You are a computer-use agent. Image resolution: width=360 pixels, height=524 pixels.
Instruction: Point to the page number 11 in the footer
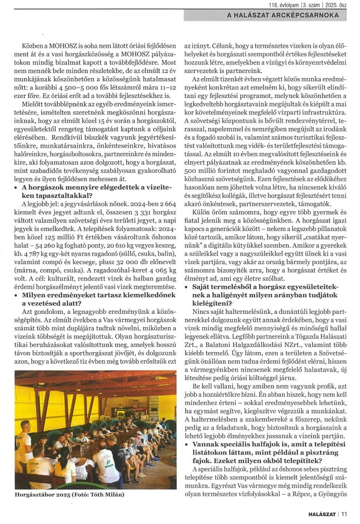[x=344, y=513]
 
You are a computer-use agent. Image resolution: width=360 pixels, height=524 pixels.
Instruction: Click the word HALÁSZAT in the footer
[x=322, y=513]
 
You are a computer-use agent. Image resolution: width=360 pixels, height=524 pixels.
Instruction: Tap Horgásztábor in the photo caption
[x=36, y=495]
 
